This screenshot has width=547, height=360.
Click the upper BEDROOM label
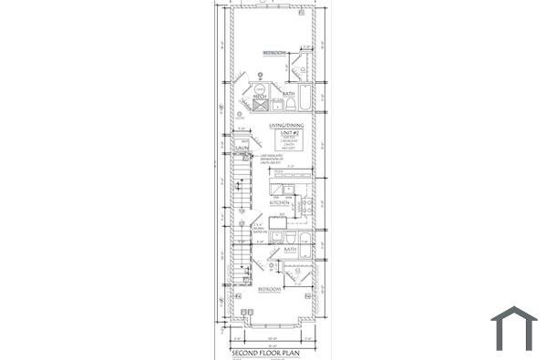tap(274, 54)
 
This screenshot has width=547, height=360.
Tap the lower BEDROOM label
tap(269, 289)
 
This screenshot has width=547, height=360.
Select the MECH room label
tap(246, 95)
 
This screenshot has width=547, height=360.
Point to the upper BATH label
tap(288, 94)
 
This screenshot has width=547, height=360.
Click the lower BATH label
tap(290, 248)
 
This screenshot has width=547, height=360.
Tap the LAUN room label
tap(243, 147)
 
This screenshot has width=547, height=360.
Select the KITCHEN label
tap(279, 202)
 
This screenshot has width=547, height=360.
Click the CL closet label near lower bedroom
tap(299, 270)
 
